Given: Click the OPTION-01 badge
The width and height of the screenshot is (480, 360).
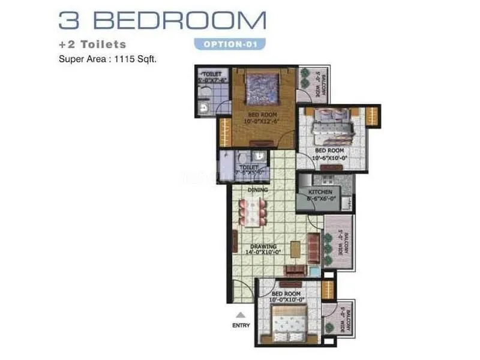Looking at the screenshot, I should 230,44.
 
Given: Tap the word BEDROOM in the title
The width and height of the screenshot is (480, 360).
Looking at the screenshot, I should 179,19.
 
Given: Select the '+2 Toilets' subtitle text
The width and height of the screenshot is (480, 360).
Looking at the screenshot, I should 92,44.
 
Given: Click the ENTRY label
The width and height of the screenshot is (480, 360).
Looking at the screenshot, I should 240,325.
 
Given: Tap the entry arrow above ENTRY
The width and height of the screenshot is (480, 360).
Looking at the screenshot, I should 240,314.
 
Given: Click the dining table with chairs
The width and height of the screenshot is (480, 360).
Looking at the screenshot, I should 253,211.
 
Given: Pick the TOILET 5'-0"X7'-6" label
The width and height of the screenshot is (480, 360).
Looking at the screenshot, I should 213,76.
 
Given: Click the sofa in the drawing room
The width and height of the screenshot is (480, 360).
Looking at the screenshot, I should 314,246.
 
